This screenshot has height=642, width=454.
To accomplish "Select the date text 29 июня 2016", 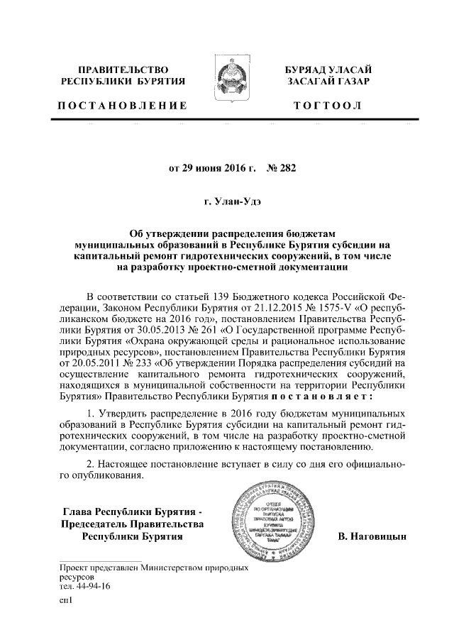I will [210, 169].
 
